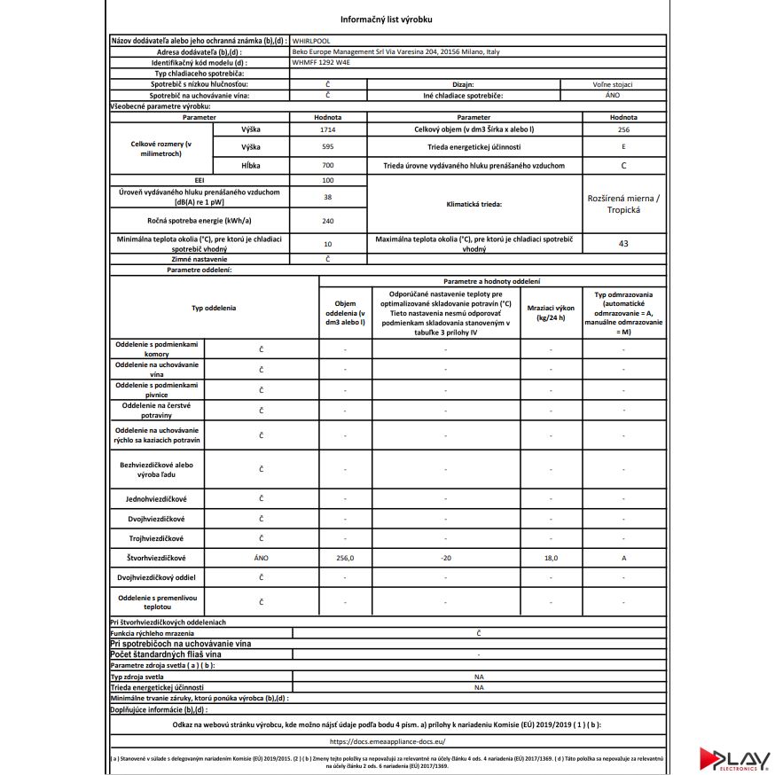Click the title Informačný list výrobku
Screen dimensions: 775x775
pos(387,19)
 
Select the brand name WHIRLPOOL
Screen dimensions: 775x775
pos(312,41)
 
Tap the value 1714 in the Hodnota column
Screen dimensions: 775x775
pos(327,129)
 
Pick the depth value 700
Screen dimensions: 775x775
pos(327,166)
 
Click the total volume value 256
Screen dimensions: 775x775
pos(622,129)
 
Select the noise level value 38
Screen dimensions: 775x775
pos(327,197)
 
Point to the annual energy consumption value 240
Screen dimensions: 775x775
pos(327,221)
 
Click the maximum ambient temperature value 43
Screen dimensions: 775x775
pos(622,243)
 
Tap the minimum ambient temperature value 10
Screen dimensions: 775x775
pos(327,243)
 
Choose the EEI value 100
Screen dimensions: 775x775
pos(327,180)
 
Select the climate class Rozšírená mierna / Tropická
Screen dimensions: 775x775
pos(622,204)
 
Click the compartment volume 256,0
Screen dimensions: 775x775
pos(345,558)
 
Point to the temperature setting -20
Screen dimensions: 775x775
pos(445,558)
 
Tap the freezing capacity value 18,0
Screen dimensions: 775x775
pos(550,558)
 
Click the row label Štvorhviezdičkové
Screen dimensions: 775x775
pos(156,558)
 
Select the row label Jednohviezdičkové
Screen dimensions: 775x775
pos(156,498)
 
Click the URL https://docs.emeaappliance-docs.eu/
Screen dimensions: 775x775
pos(387,740)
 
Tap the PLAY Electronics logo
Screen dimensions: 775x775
pos(733,759)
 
